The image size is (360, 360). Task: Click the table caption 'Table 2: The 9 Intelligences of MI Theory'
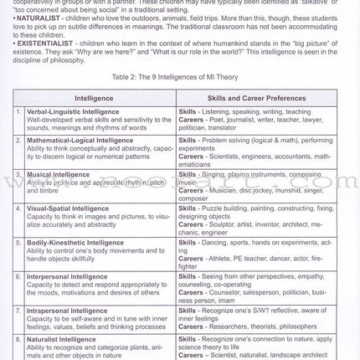[179, 75]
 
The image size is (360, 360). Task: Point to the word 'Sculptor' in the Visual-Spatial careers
[225, 224]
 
